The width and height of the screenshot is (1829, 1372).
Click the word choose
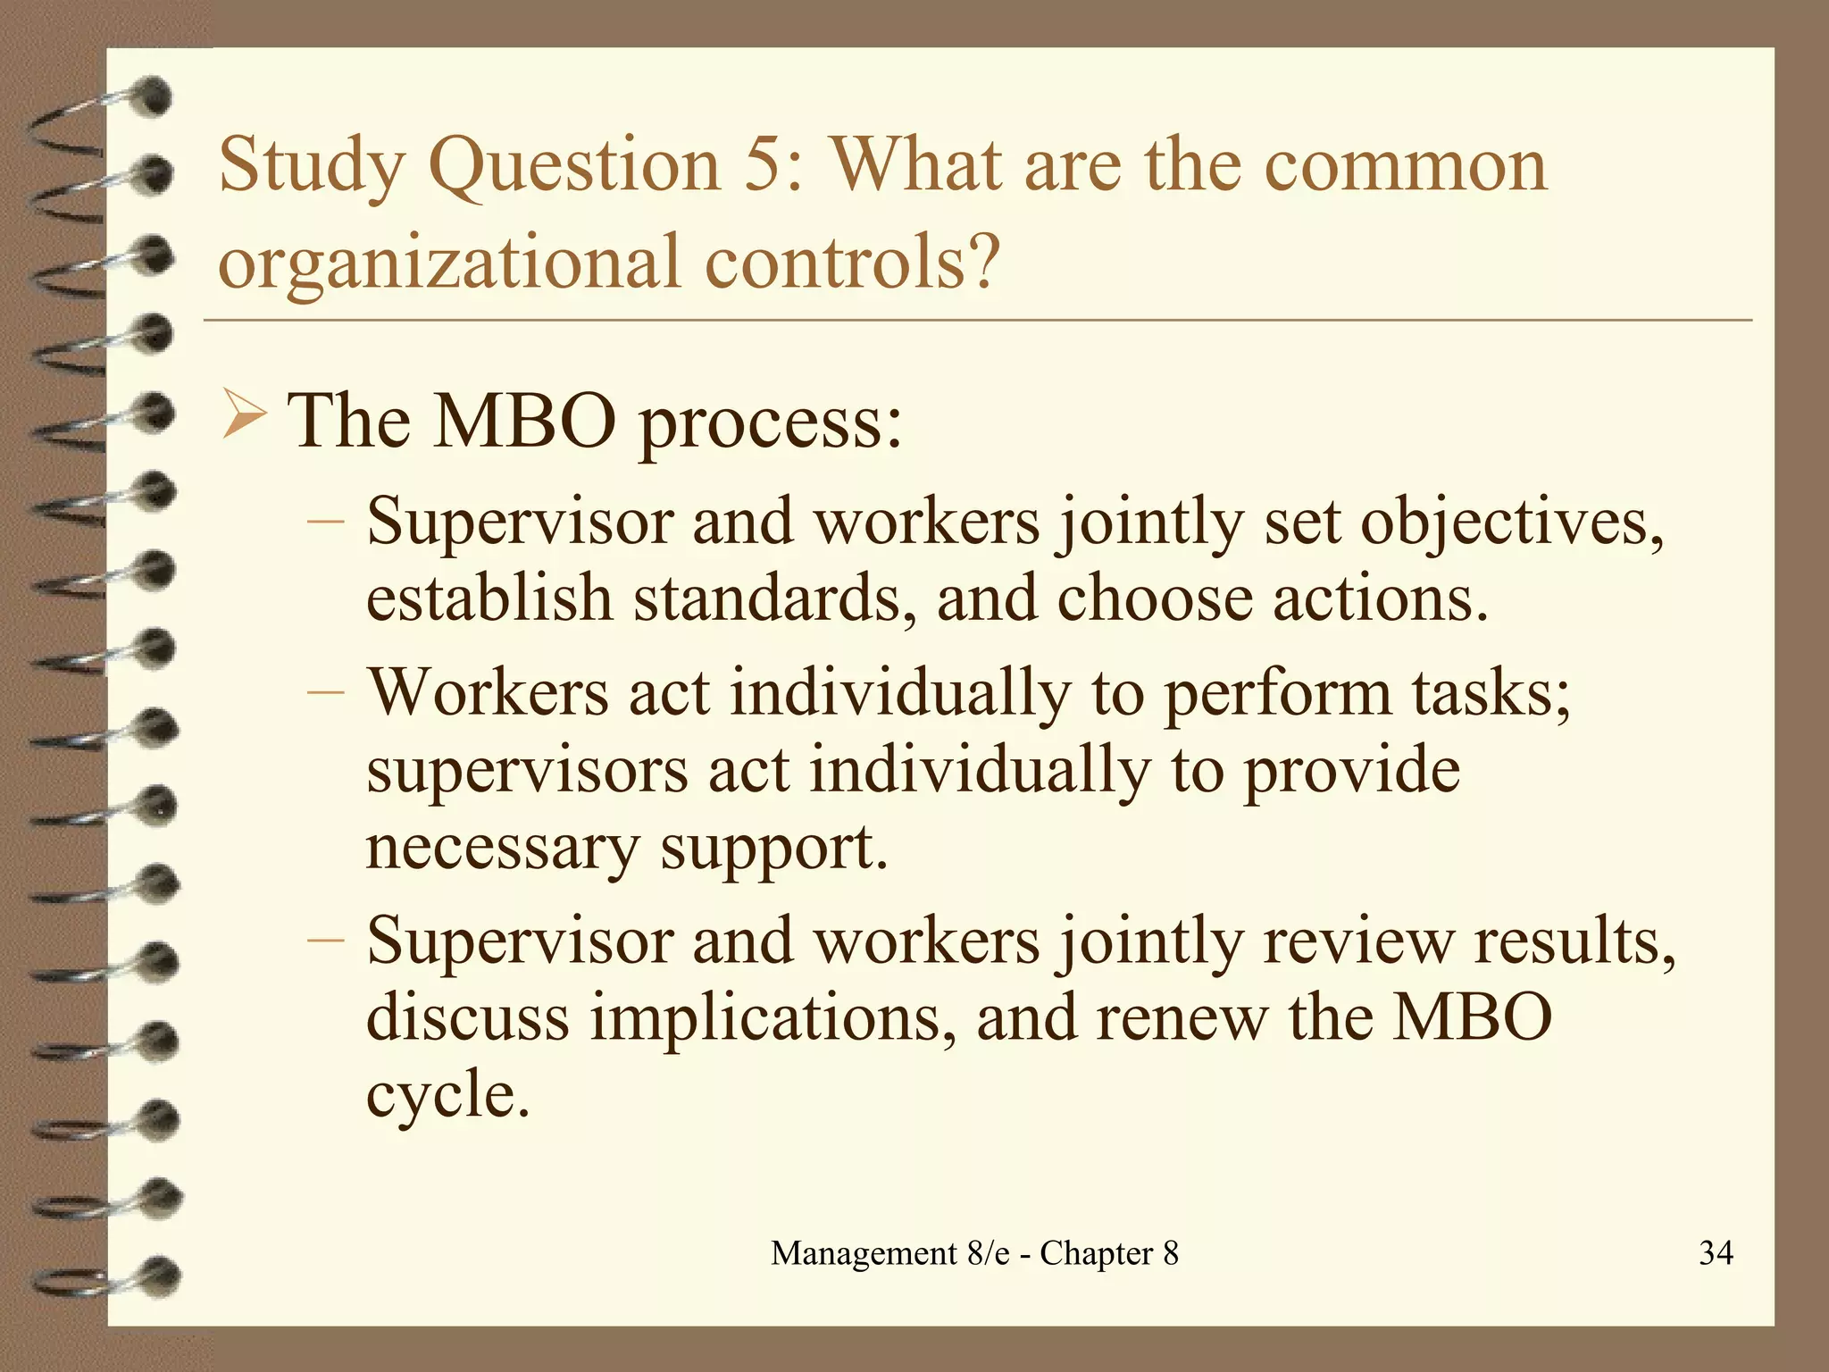pos(1154,598)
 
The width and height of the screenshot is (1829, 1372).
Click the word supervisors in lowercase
pos(527,770)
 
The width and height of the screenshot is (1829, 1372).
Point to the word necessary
pos(502,849)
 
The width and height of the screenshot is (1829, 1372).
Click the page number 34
pos(1716,1253)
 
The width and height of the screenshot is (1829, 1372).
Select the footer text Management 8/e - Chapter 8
pos(974,1253)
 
